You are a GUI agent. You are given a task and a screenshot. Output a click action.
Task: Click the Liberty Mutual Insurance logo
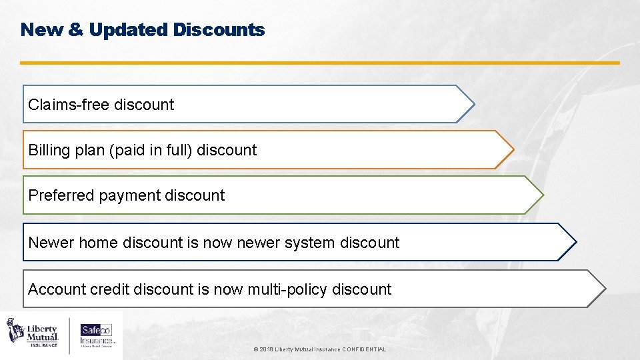(x=33, y=332)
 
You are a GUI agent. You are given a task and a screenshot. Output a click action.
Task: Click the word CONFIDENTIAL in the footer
(x=363, y=349)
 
